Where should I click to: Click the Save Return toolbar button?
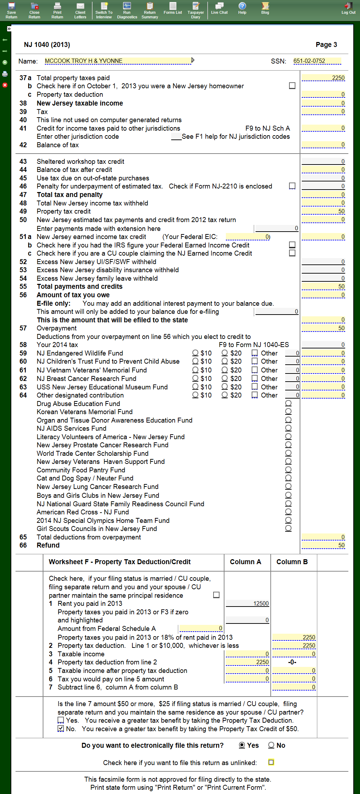click(x=11, y=10)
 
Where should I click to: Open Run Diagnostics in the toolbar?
click(x=127, y=10)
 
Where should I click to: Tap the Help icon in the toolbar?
click(x=242, y=8)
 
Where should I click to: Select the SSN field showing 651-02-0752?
click(x=317, y=61)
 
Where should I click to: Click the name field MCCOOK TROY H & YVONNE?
click(x=118, y=61)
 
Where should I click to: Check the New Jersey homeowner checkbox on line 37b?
click(x=292, y=86)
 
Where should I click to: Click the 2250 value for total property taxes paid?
click(x=323, y=78)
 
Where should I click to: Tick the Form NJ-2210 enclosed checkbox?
click(x=292, y=186)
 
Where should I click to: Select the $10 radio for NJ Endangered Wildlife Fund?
click(x=195, y=353)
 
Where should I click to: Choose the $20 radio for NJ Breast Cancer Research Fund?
click(x=224, y=378)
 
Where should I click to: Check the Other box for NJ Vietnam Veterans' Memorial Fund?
click(x=254, y=370)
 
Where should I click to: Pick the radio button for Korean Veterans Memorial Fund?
click(x=288, y=412)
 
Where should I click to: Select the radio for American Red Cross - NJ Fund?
click(x=288, y=512)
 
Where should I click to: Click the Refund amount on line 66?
click(x=323, y=545)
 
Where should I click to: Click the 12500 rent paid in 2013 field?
click(x=247, y=604)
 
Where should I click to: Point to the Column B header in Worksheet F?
click(x=292, y=562)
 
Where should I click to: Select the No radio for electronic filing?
click(x=271, y=745)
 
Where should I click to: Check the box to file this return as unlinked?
click(x=271, y=763)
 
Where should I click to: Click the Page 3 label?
click(x=326, y=45)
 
